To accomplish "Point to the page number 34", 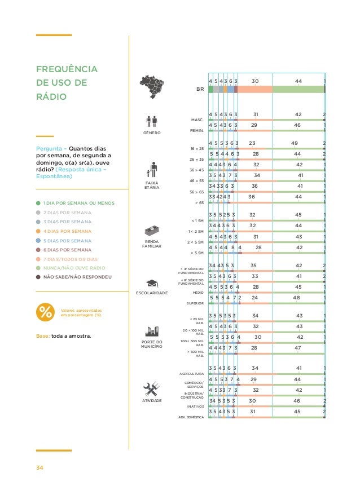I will pos(39,467).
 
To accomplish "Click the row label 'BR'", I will pos(199,89).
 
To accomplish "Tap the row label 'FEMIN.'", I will pos(196,130).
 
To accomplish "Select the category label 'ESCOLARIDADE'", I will pos(152,293).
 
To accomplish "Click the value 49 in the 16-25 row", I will pos(295,143).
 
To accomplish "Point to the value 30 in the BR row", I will pos(254,81).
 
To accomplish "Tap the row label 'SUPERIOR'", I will pos(195,303).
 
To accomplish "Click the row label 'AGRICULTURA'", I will pos(191,374).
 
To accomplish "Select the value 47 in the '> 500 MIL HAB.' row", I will pos(298,348).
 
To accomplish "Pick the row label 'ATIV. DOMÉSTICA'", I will pos(191,417).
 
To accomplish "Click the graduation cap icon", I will pos(152,283).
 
